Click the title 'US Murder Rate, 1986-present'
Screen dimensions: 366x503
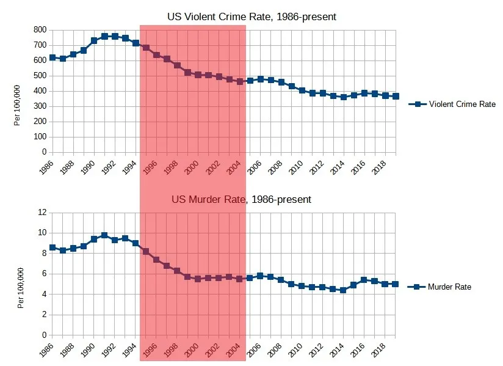point(241,199)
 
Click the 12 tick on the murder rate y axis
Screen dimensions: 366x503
point(42,212)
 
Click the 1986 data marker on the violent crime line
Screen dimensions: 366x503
point(52,57)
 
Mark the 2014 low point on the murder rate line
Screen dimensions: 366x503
point(343,290)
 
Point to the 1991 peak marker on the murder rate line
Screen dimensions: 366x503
point(104,235)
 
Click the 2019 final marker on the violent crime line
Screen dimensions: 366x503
point(396,96)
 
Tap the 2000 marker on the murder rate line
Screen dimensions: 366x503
point(198,279)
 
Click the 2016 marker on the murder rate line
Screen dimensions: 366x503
point(364,280)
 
